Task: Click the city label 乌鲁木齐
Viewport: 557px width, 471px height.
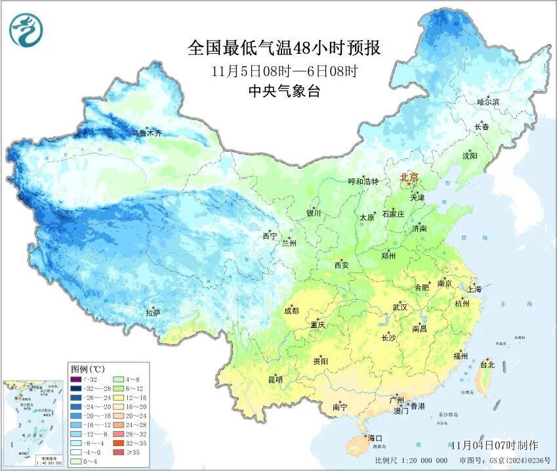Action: [x=146, y=133]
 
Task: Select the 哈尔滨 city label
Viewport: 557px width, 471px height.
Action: [x=488, y=102]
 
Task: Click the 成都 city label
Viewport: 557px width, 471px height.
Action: [x=292, y=311]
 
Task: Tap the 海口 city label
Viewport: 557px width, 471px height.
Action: [x=375, y=438]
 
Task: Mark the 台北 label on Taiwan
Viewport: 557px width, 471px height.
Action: [x=487, y=364]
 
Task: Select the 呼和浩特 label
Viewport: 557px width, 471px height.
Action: [x=363, y=181]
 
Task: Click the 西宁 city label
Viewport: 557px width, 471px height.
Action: [x=270, y=235]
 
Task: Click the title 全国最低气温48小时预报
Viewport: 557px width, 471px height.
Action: [x=284, y=48]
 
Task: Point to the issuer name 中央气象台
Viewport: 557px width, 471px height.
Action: [x=284, y=92]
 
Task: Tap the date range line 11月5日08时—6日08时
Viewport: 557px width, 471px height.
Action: [x=284, y=71]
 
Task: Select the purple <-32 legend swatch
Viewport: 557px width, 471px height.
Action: [x=76, y=379]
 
